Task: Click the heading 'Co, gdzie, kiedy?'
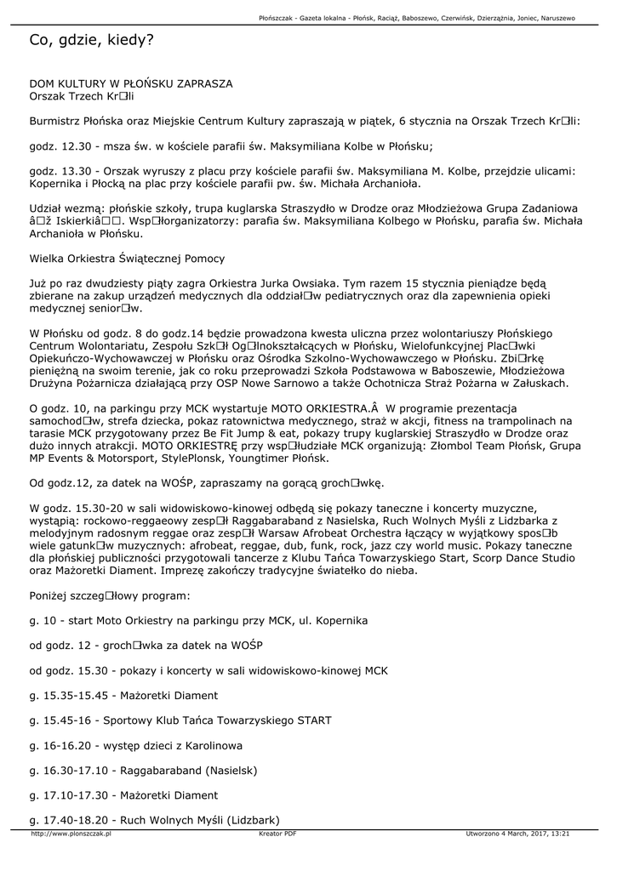coord(91,40)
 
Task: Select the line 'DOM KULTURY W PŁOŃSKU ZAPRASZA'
coord(130,84)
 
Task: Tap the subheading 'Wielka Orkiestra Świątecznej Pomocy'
coord(127,258)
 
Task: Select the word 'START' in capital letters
coord(314,720)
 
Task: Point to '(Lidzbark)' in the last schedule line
coord(252,820)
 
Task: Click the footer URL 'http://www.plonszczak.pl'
coord(71,834)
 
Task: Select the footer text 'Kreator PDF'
coord(277,834)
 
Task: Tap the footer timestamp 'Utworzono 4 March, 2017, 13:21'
coord(517,834)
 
